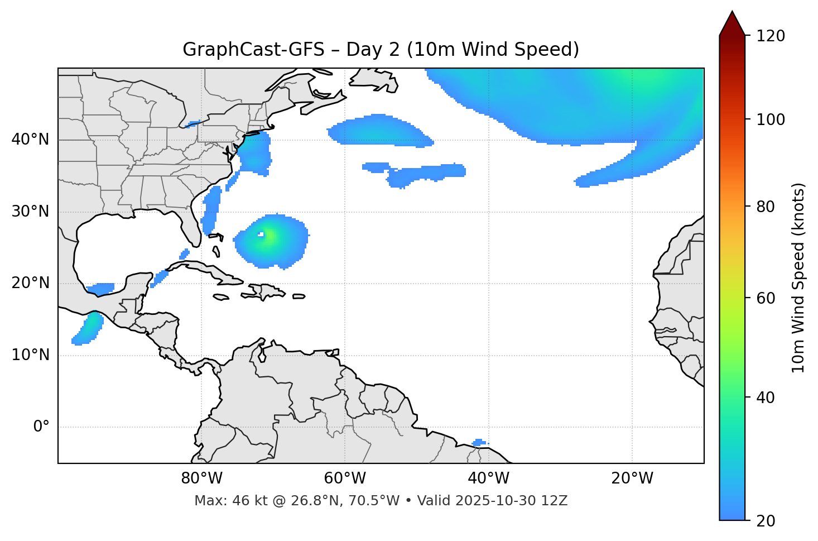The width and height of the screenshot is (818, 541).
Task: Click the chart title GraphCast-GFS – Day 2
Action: click(x=381, y=50)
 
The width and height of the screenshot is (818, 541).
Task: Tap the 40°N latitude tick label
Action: click(x=30, y=140)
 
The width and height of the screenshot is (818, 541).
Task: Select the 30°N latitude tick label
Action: click(x=30, y=212)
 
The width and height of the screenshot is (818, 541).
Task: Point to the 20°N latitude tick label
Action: click(x=30, y=283)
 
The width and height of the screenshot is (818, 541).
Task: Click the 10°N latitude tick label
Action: click(x=30, y=355)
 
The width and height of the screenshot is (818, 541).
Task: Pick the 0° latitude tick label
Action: click(x=41, y=427)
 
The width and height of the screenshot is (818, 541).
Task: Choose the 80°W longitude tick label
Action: click(x=201, y=478)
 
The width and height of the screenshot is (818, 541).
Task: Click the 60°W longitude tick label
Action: click(x=345, y=478)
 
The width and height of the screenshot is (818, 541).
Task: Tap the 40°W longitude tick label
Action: click(x=488, y=478)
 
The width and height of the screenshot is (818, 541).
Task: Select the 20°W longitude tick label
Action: click(x=632, y=478)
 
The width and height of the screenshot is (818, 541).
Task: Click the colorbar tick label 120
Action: click(x=771, y=36)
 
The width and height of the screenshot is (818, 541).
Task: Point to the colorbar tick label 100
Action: click(x=771, y=119)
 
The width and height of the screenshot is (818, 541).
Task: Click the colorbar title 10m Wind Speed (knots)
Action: click(x=798, y=277)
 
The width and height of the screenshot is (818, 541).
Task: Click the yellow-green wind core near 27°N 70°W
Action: click(x=270, y=237)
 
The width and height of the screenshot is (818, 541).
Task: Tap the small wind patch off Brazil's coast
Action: click(x=479, y=443)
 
